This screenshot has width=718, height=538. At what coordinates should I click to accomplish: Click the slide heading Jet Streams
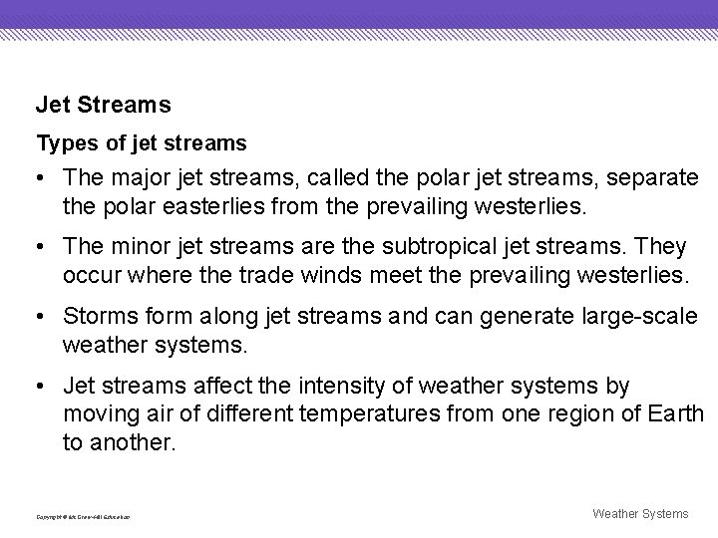pyautogui.click(x=104, y=104)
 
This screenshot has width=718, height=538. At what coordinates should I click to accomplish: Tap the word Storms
pyautogui.click(x=96, y=316)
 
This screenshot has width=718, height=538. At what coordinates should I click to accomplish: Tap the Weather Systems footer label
pyautogui.click(x=640, y=513)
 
